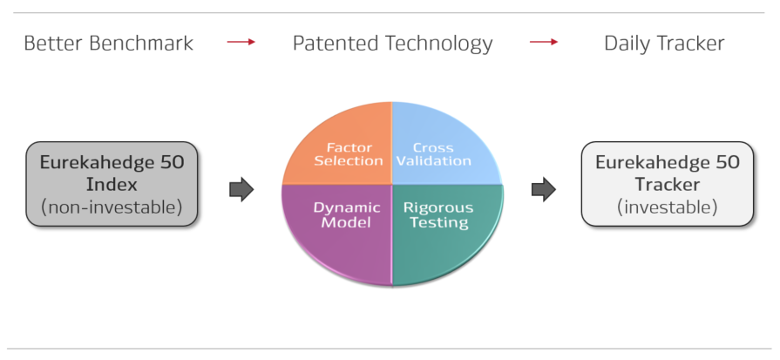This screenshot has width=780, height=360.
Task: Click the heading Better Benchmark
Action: [x=108, y=44]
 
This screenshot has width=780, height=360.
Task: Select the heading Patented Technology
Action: [x=392, y=44]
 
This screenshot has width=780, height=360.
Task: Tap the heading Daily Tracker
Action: [x=664, y=44]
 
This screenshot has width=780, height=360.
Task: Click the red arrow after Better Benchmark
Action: [x=241, y=42]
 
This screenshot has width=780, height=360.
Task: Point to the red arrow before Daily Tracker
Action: [x=544, y=42]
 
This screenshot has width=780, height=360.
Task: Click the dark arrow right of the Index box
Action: [x=241, y=189]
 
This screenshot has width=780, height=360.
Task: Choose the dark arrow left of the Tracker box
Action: [x=544, y=189]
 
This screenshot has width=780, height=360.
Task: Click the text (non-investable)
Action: [x=112, y=207]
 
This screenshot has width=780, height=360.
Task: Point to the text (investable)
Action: [x=667, y=207]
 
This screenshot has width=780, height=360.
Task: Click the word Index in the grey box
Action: [x=112, y=185]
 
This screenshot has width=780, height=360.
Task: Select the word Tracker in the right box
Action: [x=668, y=185]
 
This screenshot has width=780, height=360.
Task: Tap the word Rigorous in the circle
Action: [x=438, y=207]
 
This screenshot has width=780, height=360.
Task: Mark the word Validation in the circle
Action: [x=434, y=161]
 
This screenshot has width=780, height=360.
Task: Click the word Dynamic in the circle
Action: [x=347, y=207]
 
